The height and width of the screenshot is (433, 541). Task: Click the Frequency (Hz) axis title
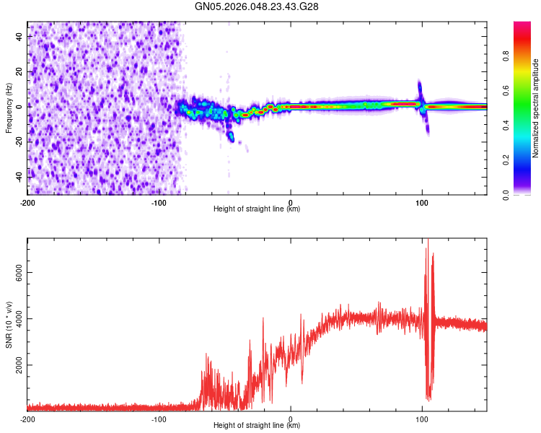pyautogui.click(x=9, y=108)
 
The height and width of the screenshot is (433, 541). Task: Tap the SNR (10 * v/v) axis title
pyautogui.click(x=9, y=324)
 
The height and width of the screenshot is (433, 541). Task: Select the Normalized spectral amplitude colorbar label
pyautogui.click(x=536, y=108)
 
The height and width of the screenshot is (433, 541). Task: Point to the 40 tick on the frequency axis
pyautogui.click(x=19, y=36)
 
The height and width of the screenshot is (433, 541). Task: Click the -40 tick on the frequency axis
pyautogui.click(x=17, y=175)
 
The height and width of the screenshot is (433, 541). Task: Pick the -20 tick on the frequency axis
pyautogui.click(x=17, y=141)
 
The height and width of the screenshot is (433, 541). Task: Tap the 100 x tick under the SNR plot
pyautogui.click(x=422, y=419)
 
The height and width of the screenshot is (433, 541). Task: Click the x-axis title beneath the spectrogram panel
pyautogui.click(x=257, y=209)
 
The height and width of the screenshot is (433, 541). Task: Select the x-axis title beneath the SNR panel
pyautogui.click(x=257, y=426)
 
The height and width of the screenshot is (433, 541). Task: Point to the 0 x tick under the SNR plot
pyautogui.click(x=291, y=419)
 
